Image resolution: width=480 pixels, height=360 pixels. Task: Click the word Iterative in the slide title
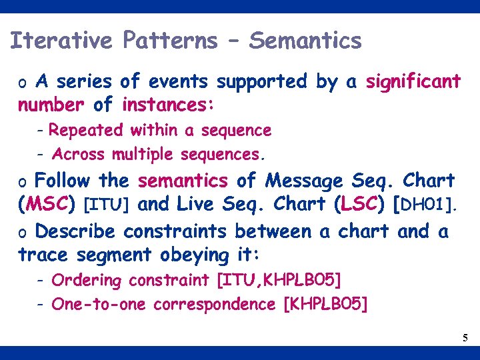62,41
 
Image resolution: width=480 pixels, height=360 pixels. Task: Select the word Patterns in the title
170,41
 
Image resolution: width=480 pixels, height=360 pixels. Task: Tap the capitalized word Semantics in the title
305,41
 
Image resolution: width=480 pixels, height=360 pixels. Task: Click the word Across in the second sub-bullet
78,155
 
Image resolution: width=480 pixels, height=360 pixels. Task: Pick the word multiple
141,155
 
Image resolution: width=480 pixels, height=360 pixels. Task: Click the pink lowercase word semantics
183,181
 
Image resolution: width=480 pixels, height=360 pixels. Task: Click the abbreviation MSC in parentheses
47,205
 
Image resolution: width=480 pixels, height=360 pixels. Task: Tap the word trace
44,255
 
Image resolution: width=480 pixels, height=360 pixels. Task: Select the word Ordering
87,281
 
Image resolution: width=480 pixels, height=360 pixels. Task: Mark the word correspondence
214,305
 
